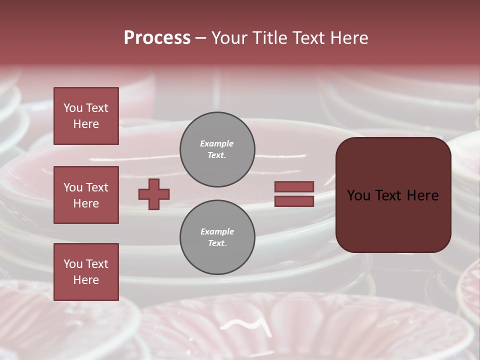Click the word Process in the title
coord(157,38)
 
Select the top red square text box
coord(86,116)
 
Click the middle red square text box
coord(86,195)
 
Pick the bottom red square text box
coord(86,272)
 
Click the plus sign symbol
coord(154,194)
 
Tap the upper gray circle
coord(217,149)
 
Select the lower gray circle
coord(217,237)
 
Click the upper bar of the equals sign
coord(294,186)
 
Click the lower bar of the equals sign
coord(294,201)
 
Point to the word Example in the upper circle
coord(216,143)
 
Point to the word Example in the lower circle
coord(217,231)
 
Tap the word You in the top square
coord(73,108)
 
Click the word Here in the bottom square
coord(86,280)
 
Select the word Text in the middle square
coord(97,187)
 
